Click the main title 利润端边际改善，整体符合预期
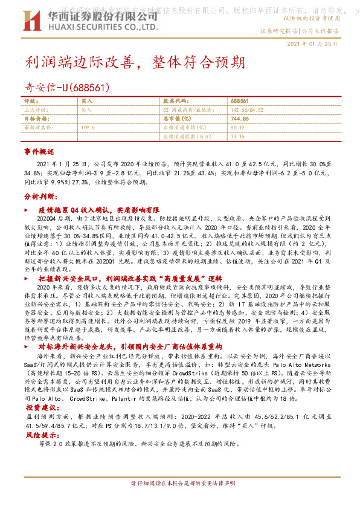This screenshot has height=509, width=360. pos(135,63)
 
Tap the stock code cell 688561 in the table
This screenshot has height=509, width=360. pos(240,101)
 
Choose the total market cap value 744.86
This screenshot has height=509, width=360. pos(240,119)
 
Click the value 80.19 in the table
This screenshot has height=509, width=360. pos(237,128)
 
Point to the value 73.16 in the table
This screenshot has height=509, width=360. pos(237,137)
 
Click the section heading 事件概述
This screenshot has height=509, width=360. pos(39,151)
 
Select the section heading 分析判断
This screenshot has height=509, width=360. pos(39,197)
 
